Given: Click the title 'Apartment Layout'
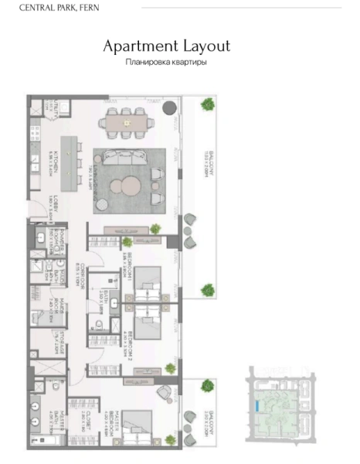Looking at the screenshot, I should pos(167,46).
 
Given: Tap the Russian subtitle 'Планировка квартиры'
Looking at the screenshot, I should pos(167,63).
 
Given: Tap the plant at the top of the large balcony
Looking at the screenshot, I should pos(207,104).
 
